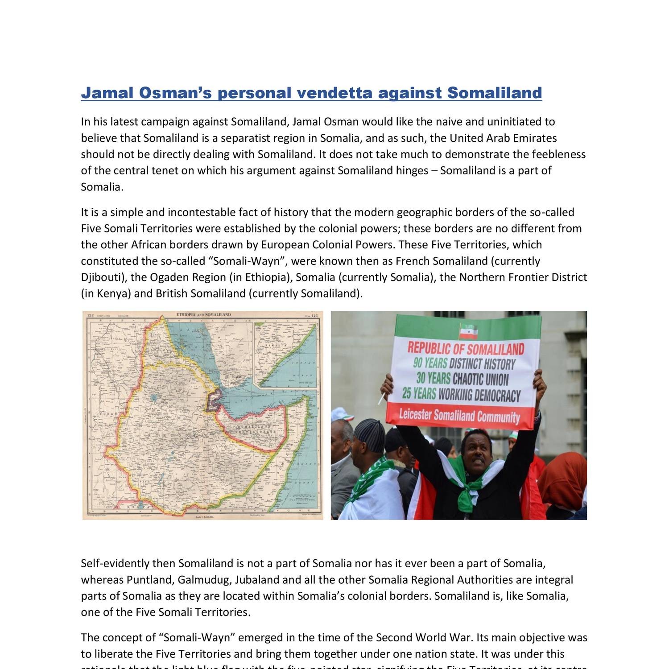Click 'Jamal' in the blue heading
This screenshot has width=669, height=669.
click(107, 93)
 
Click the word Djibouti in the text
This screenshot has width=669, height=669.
click(101, 277)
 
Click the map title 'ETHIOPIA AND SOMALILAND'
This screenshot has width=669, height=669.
click(204, 315)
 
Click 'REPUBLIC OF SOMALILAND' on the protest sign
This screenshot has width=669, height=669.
click(466, 348)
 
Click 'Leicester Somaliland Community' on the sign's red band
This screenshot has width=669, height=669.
click(459, 416)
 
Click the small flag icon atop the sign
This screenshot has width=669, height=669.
click(468, 331)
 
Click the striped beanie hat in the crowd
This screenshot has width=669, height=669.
click(370, 434)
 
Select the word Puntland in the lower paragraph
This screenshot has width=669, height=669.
click(150, 580)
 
